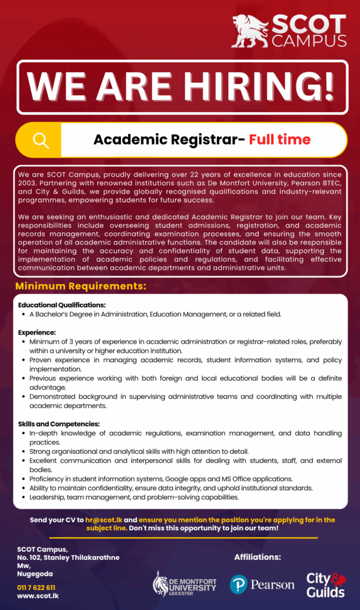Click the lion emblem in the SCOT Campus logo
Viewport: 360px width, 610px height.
click(250, 31)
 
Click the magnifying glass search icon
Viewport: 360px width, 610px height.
click(41, 140)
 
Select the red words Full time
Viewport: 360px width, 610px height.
click(280, 140)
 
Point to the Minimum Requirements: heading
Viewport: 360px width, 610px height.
click(80, 287)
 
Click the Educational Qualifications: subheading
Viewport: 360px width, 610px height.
click(62, 305)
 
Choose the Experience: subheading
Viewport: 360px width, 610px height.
click(37, 332)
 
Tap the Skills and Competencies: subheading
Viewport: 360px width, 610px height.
click(59, 424)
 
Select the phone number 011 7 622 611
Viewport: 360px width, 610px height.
click(36, 587)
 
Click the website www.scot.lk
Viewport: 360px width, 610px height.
click(38, 595)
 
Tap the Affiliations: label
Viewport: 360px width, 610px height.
click(257, 558)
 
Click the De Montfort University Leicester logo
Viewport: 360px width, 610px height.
click(185, 584)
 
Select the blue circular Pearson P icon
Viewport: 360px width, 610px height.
click(238, 584)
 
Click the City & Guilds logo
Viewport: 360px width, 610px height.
click(326, 584)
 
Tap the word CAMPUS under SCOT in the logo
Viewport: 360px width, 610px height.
click(309, 41)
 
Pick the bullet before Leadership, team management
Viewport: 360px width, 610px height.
click(23, 497)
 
